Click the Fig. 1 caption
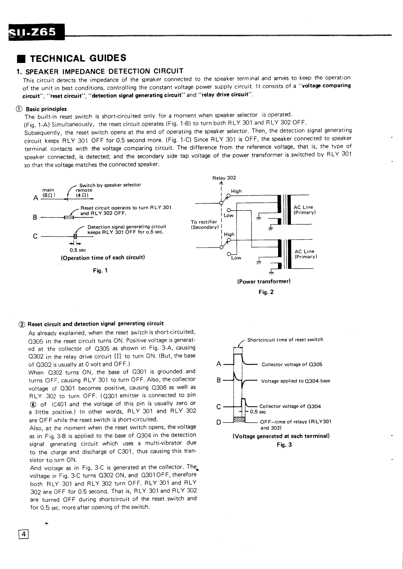pyautogui.click(x=100, y=271)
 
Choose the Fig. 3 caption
pyautogui.click(x=284, y=445)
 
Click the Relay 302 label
pyautogui.click(x=224, y=178)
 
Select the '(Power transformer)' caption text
pyautogui.click(x=264, y=281)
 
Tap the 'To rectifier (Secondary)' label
pyautogui.click(x=204, y=225)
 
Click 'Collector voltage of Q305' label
pyautogui.click(x=292, y=365)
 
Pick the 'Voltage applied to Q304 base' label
pyautogui.click(x=295, y=381)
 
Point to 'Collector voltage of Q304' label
pyautogui.click(x=290, y=406)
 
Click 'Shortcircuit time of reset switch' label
pyautogui.click(x=285, y=340)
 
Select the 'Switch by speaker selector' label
pyautogui.click(x=110, y=185)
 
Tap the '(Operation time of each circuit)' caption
pyautogui.click(x=103, y=257)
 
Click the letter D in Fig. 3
pyautogui.click(x=219, y=422)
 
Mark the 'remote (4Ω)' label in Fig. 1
pyautogui.click(x=84, y=193)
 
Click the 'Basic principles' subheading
pyautogui.click(x=46, y=109)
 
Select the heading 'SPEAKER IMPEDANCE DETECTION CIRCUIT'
pyautogui.click(x=103, y=71)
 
